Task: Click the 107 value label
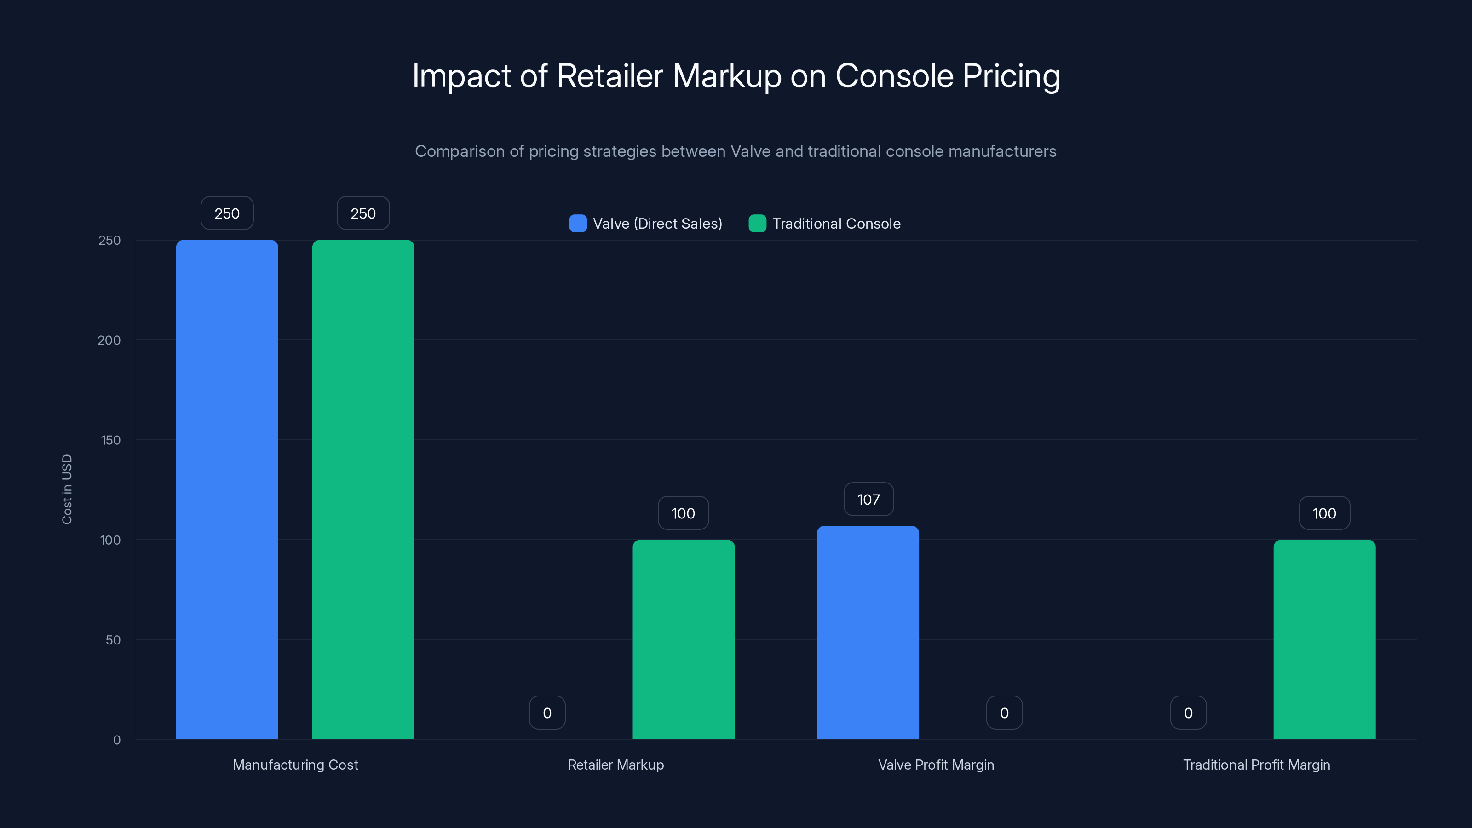[868, 500]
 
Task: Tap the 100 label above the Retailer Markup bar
[683, 513]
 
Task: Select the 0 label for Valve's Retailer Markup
[547, 713]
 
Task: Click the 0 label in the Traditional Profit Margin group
[1188, 713]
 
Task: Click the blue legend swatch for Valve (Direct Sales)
[578, 224]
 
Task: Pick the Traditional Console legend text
[836, 224]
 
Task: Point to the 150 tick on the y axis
[110, 440]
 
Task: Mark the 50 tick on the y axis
[113, 640]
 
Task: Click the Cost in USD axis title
[67, 489]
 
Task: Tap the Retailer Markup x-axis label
[615, 765]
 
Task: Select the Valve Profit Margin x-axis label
[936, 765]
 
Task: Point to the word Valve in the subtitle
[750, 151]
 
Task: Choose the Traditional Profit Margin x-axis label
[1256, 765]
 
